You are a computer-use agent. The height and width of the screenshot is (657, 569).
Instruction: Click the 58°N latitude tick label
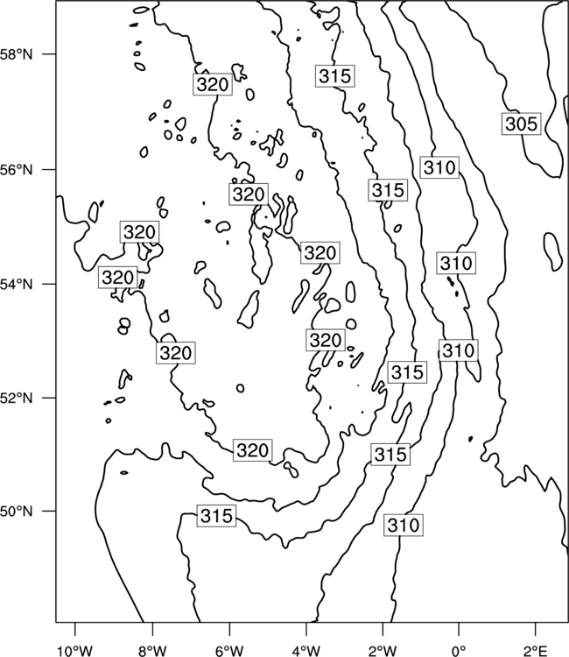17,54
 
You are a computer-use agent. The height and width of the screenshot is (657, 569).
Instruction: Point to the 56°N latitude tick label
17,170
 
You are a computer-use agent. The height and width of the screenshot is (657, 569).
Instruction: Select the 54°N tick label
17,284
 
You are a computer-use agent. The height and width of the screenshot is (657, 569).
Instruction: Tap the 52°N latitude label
17,397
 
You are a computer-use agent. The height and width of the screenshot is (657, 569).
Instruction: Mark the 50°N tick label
17,512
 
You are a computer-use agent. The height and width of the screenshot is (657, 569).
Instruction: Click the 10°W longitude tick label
75,651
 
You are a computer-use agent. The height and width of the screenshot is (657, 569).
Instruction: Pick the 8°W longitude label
152,651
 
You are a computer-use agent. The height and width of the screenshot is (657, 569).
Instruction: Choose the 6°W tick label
229,651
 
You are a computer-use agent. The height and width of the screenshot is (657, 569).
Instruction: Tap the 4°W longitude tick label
306,651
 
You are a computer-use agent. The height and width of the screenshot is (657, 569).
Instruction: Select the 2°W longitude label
383,651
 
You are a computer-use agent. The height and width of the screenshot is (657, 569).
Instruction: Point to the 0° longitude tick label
459,651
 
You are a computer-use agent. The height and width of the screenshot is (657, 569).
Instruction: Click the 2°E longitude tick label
536,651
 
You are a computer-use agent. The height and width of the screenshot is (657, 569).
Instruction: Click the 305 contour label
521,124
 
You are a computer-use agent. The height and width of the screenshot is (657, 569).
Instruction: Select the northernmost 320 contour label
213,84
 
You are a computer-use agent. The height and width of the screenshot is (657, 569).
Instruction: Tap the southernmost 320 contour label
252,450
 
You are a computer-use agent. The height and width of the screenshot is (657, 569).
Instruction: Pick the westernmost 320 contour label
118,278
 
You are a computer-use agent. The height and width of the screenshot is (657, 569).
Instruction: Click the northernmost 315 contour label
335,76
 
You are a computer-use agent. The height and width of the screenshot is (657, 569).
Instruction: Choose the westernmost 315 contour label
216,515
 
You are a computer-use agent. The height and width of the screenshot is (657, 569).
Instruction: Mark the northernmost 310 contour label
439,167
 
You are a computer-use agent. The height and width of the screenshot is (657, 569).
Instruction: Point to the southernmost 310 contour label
404,525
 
